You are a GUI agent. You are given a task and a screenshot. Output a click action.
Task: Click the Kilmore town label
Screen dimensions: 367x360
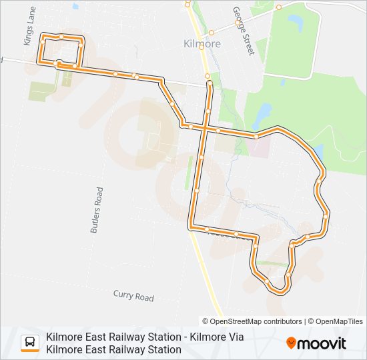point(202,43)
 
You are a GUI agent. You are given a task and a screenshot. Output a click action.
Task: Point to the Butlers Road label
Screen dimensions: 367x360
point(96,209)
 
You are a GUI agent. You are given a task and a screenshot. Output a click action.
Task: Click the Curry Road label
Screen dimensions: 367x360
point(133,296)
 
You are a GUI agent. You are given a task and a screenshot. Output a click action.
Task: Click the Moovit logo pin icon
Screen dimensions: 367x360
point(291,343)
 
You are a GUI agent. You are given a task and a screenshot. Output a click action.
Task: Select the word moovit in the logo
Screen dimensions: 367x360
point(322,343)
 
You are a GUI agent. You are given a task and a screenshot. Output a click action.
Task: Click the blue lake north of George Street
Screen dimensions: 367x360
point(294,25)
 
